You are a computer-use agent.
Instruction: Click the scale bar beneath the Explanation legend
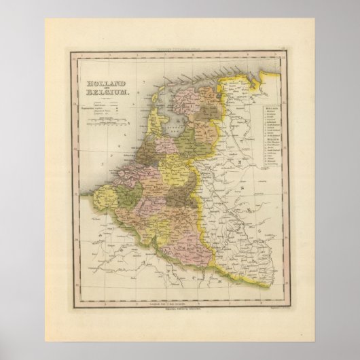click(x=103, y=122)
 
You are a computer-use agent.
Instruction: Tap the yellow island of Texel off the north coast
click(x=158, y=100)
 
